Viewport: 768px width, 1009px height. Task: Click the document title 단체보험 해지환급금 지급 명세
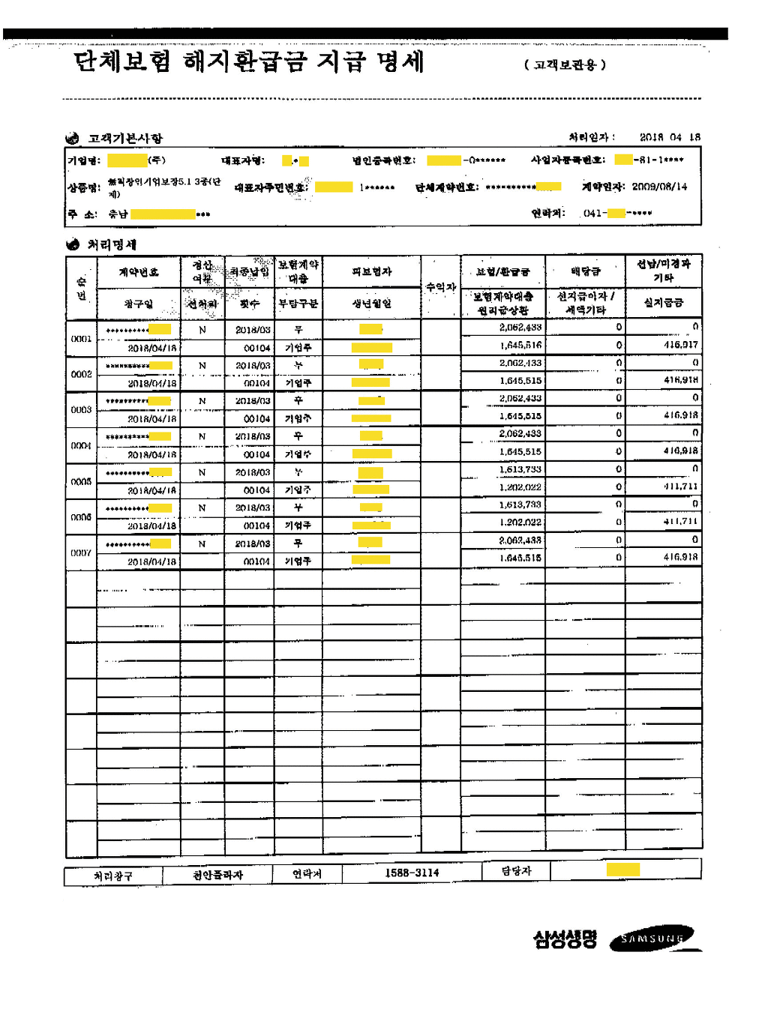[x=249, y=61]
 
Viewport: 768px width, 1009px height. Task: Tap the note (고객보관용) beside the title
[x=565, y=65]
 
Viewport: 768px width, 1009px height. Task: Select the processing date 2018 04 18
[x=669, y=137]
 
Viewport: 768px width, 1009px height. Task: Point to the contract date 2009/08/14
[x=659, y=187]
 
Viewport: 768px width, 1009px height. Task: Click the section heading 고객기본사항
[x=124, y=138]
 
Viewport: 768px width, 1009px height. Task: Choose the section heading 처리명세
[x=112, y=244]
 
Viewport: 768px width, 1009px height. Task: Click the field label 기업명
[x=84, y=160]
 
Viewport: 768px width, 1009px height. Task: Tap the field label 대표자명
[x=242, y=160]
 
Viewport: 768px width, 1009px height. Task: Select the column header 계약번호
[x=139, y=272]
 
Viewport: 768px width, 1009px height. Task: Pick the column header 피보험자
[x=371, y=271]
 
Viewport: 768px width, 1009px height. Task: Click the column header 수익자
[x=440, y=287]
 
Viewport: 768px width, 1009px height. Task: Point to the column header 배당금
[x=585, y=271]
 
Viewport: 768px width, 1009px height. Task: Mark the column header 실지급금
[x=663, y=302]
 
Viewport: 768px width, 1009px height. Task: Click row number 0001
[x=81, y=339]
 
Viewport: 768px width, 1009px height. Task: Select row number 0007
[x=81, y=553]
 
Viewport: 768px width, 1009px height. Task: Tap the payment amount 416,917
[x=680, y=345]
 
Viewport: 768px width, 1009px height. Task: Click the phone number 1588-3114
[x=412, y=873]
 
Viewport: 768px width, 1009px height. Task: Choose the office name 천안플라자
[x=217, y=875]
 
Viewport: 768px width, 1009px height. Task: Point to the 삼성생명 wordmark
[x=565, y=939]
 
